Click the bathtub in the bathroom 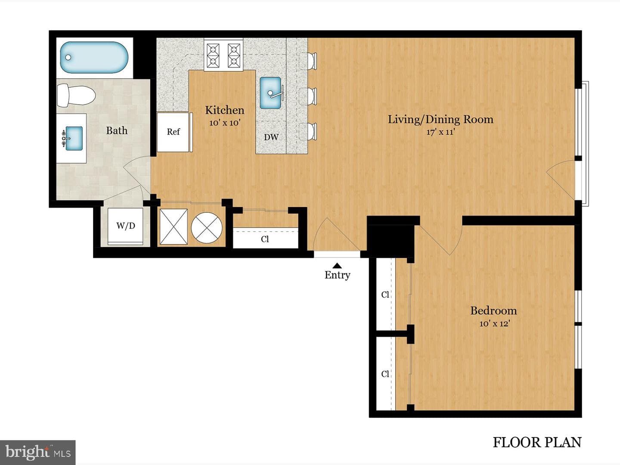click(x=94, y=57)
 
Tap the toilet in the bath click(x=76, y=95)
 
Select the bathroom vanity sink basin click(x=74, y=138)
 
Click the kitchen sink click(x=270, y=93)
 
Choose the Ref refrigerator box click(x=174, y=132)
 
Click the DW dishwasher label click(x=271, y=137)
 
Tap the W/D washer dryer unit click(x=126, y=226)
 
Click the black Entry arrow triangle click(x=337, y=265)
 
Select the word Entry click(x=337, y=275)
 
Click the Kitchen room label click(x=225, y=110)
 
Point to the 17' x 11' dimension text click(x=440, y=132)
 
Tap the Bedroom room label click(x=493, y=310)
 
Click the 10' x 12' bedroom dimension click(x=494, y=323)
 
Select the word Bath click(x=117, y=130)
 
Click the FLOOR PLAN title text click(x=537, y=442)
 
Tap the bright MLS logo click(x=37, y=452)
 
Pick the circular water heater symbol click(x=207, y=228)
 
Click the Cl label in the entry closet click(x=265, y=239)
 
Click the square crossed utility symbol click(x=174, y=226)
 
